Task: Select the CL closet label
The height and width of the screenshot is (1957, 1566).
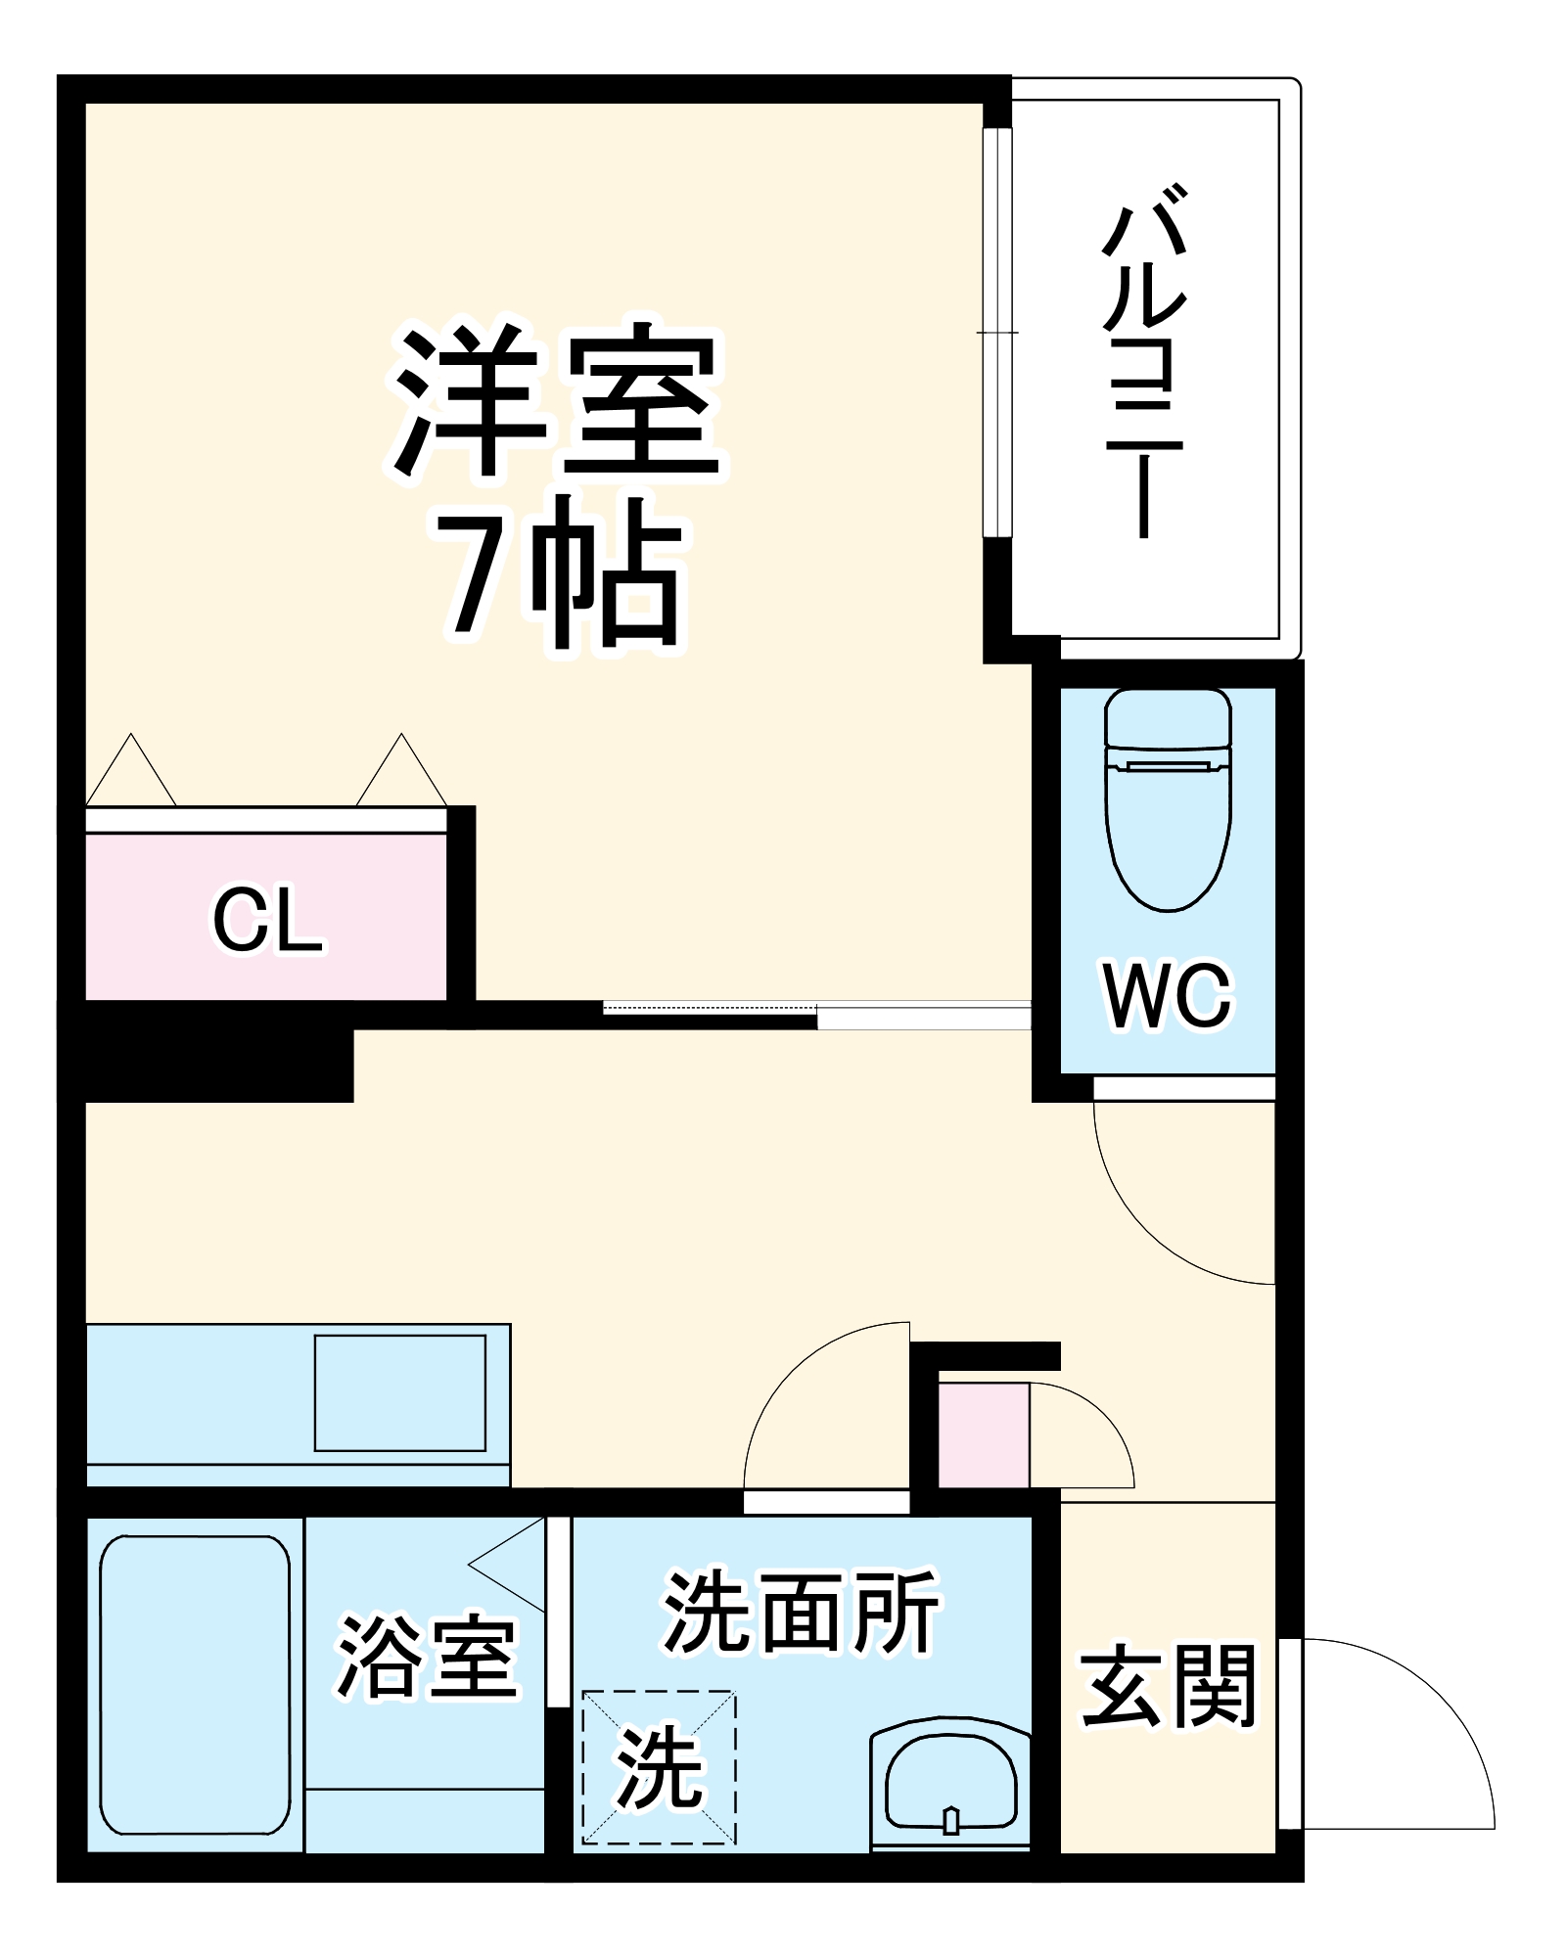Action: point(267,920)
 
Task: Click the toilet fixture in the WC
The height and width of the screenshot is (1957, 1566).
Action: point(1168,798)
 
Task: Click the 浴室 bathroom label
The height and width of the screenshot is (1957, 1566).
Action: point(427,1657)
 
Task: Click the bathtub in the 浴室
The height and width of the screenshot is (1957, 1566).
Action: point(196,1684)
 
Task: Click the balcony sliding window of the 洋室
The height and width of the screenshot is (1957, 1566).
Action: point(996,333)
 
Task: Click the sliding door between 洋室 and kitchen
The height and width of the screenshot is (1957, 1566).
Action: point(817,1014)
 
